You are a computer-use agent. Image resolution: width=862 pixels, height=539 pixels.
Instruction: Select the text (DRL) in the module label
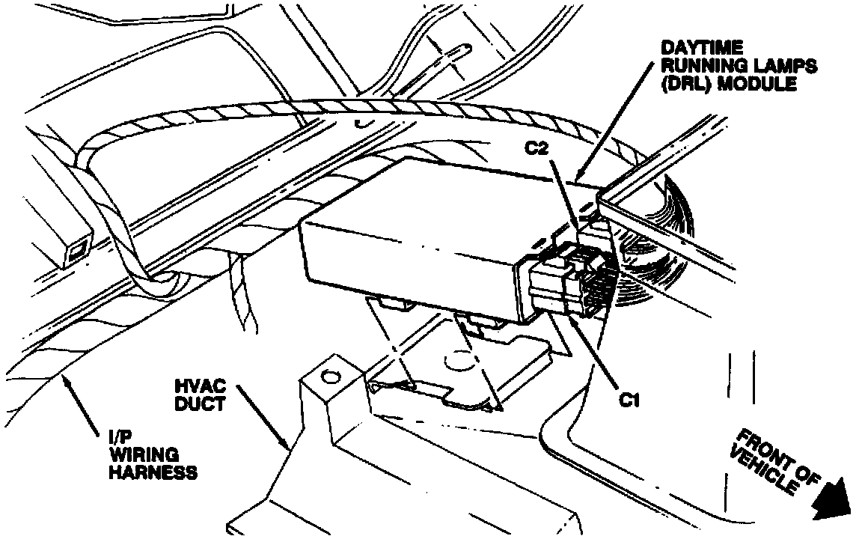pyautogui.click(x=684, y=84)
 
